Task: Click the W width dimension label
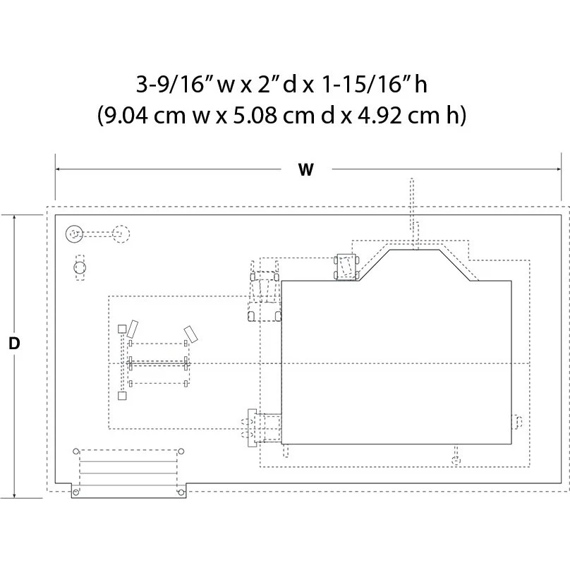[x=305, y=170]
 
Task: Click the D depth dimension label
[x=14, y=343]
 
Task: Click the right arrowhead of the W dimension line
[x=559, y=169]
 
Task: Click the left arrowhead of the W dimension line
[x=58, y=169]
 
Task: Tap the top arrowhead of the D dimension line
[x=14, y=218]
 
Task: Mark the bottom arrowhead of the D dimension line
[x=14, y=495]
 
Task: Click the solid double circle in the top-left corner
[x=74, y=234]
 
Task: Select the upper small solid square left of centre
[x=122, y=329]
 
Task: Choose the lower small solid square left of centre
[x=122, y=396]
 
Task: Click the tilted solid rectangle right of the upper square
[x=132, y=329]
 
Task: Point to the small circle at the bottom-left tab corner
[x=75, y=492]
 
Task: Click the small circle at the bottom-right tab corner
[x=181, y=492]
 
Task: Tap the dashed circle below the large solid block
[x=456, y=461]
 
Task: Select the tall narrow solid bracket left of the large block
[x=252, y=428]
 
